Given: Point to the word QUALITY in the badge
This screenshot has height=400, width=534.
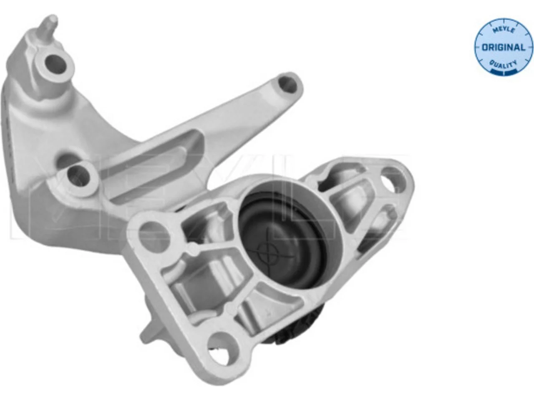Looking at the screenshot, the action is point(503,65).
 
